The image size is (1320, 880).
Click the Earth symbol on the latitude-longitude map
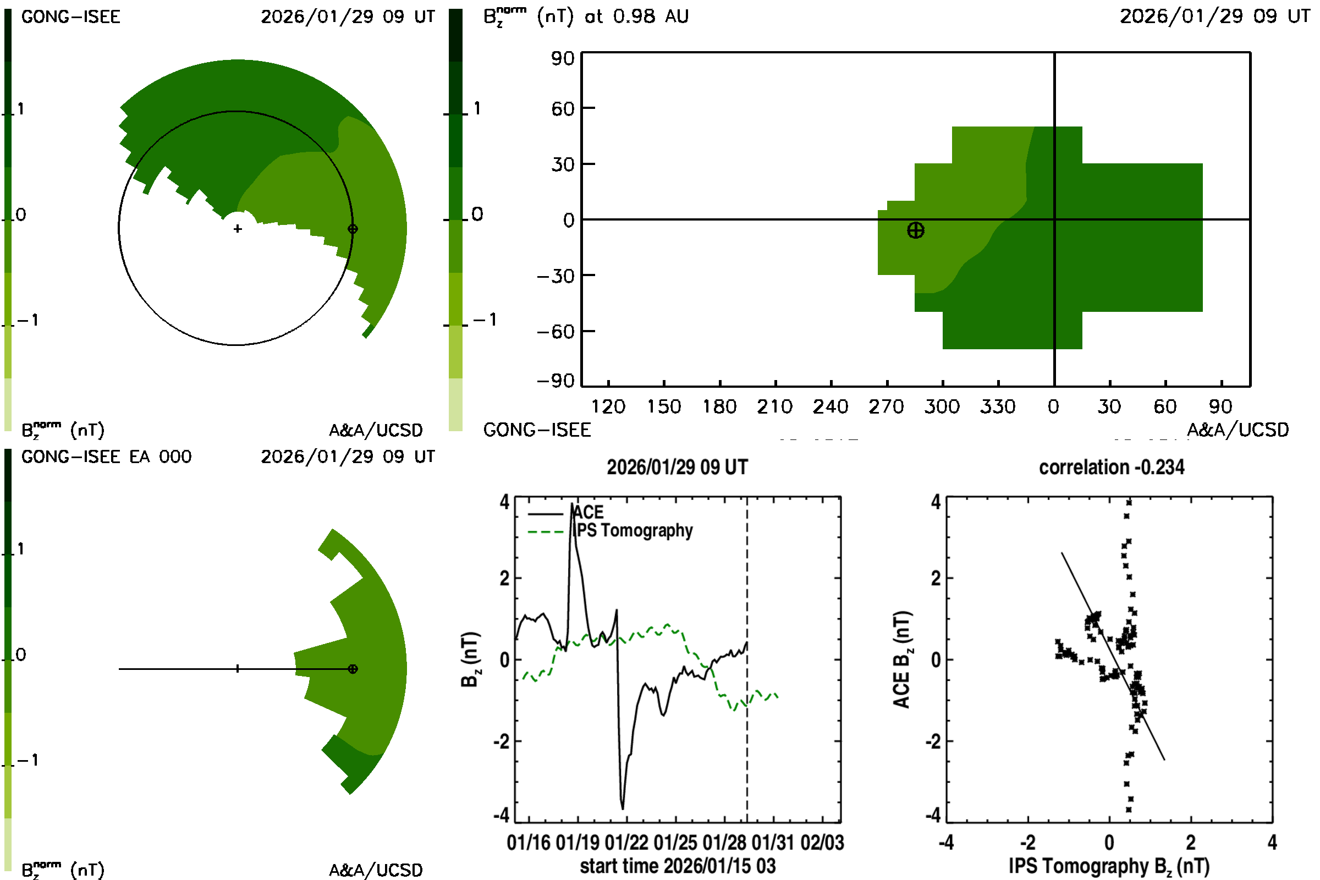[915, 230]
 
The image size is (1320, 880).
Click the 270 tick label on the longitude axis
[886, 406]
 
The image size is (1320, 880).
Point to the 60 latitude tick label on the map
[562, 108]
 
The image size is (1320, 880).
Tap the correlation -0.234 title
[1111, 467]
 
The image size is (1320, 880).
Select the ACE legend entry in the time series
[587, 512]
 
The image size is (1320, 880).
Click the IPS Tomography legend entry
[634, 530]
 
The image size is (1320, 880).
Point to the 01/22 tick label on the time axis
[626, 843]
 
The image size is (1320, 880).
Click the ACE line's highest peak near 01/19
[572, 503]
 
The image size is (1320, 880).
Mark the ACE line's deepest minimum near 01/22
[623, 809]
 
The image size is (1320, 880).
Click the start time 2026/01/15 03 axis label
[678, 866]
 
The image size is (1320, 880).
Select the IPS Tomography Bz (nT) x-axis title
[1109, 866]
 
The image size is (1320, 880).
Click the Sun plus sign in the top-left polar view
[238, 229]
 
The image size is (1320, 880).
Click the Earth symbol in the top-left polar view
[353, 229]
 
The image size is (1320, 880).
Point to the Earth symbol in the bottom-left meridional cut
[353, 669]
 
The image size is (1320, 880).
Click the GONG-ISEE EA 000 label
[106, 457]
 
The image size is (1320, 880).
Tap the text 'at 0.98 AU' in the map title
[636, 16]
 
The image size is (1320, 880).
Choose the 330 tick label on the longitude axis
[998, 406]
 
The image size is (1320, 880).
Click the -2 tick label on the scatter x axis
[1027, 843]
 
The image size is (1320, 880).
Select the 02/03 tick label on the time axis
[822, 843]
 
